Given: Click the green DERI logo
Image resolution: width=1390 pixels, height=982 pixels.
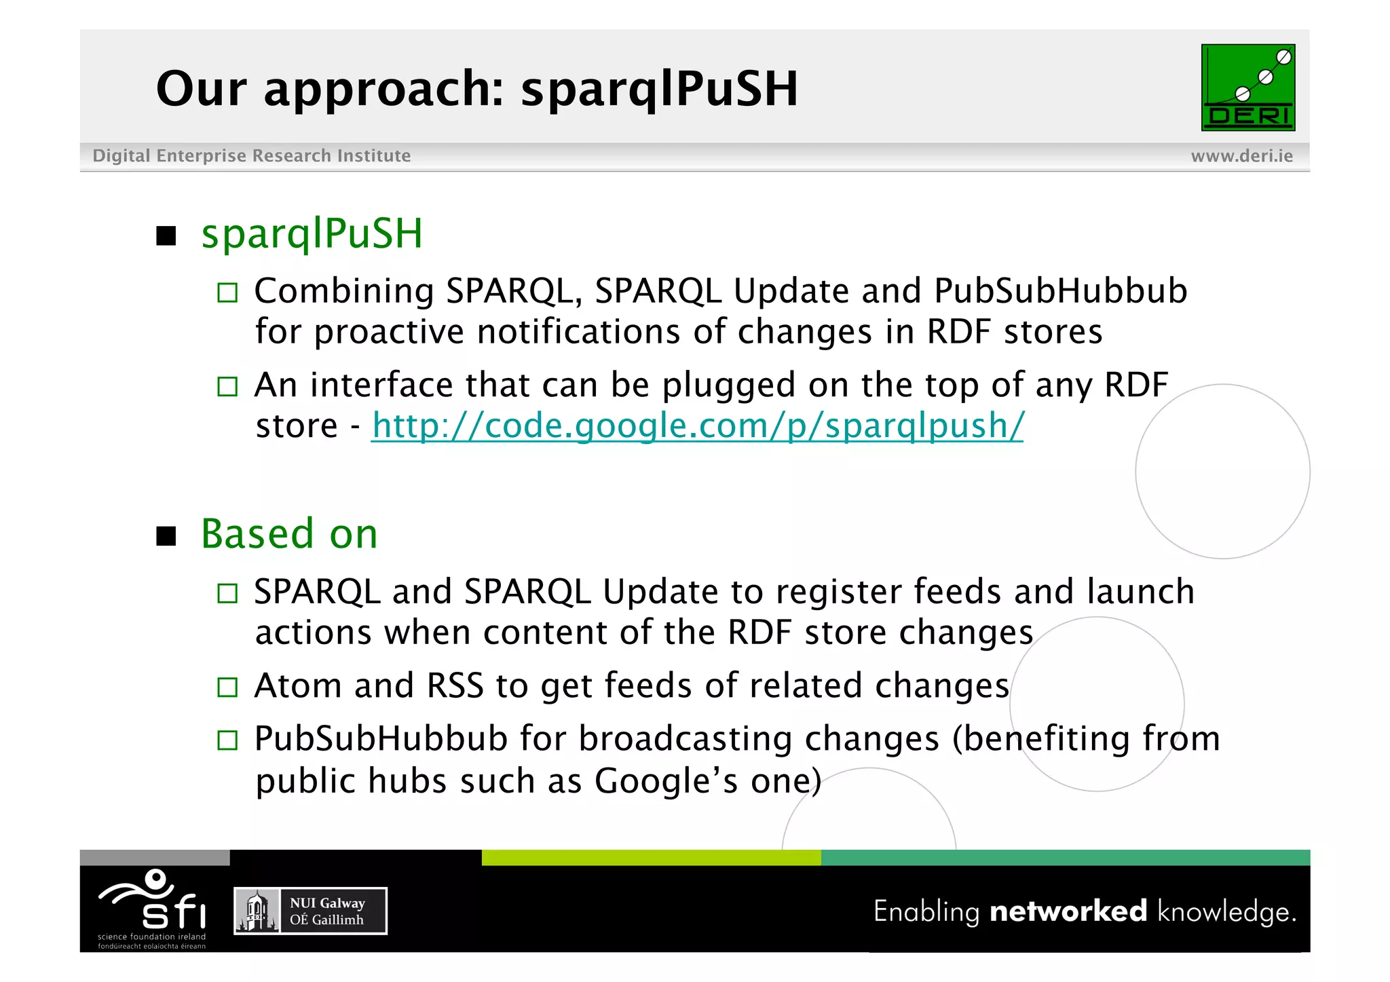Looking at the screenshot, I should [1247, 88].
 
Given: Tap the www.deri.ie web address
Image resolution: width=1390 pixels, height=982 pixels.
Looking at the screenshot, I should [1241, 156].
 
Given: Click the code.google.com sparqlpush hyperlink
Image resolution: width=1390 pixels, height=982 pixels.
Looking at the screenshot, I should [697, 426].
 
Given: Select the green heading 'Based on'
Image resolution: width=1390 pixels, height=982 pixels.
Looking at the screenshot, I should [289, 533].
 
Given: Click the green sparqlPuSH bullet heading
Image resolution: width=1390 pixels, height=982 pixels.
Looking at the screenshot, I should [312, 233].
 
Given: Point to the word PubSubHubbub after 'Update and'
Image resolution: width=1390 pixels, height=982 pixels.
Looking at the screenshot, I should [1060, 291].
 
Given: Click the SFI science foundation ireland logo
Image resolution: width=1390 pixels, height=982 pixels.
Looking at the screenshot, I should [153, 908].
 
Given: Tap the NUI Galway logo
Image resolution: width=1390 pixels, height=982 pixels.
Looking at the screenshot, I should [310, 911].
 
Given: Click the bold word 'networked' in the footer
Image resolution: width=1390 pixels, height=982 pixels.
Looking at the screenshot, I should [1068, 911].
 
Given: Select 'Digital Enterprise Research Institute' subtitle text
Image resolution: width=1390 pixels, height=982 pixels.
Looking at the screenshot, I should [251, 156].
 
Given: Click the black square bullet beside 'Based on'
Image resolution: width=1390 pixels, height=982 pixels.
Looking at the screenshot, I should [166, 536].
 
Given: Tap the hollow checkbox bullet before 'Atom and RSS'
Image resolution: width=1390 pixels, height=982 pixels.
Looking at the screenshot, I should [227, 687].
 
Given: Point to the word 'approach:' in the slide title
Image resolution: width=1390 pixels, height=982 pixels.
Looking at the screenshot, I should [384, 89].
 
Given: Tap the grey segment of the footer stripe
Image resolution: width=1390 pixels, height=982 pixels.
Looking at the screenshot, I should [155, 857].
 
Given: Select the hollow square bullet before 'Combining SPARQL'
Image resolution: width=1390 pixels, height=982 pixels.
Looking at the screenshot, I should [227, 292].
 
